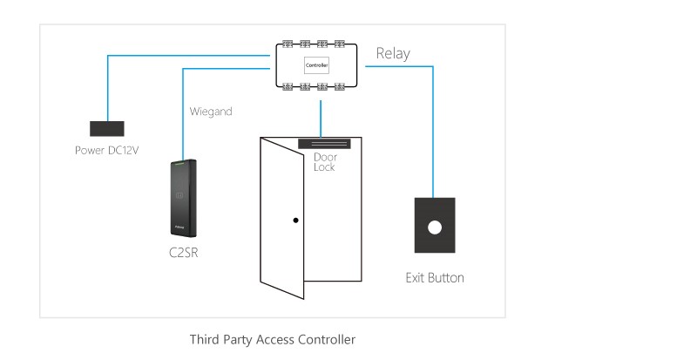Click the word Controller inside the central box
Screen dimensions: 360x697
click(315, 65)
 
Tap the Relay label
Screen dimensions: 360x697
click(392, 54)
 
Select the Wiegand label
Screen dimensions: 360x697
click(211, 112)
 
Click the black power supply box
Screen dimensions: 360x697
click(107, 129)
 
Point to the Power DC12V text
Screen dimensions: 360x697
click(107, 150)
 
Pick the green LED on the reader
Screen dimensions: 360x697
click(179, 163)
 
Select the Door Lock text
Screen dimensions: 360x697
click(325, 161)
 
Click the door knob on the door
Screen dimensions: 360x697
click(295, 220)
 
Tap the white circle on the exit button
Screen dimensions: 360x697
click(433, 228)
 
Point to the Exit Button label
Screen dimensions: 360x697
click(435, 278)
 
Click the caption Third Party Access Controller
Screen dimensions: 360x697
click(273, 339)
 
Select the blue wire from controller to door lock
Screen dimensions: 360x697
click(321, 111)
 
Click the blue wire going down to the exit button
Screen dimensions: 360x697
click(433, 131)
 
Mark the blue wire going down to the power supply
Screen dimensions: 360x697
click(107, 87)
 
